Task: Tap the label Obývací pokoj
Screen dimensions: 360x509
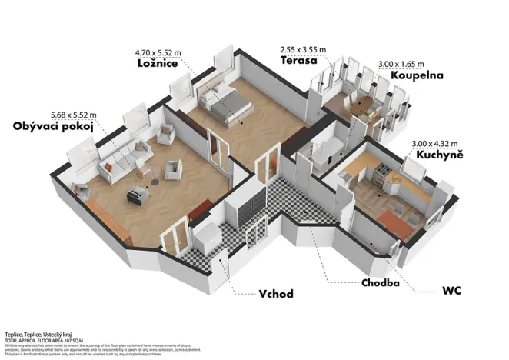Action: point(54,127)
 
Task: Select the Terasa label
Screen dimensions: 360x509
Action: point(300,60)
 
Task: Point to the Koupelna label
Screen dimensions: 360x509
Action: point(420,77)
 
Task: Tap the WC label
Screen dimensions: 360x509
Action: point(451,293)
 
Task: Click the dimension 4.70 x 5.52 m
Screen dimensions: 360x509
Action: point(158,53)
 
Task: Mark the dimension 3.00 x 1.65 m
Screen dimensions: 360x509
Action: point(402,65)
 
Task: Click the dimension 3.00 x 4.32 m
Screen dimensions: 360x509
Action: point(435,142)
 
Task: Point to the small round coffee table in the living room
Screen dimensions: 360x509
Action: point(155,182)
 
